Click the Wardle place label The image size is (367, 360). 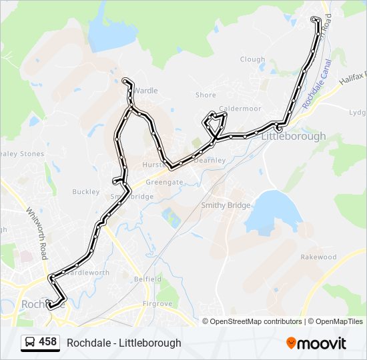(146, 91)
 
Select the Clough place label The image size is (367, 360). (252, 59)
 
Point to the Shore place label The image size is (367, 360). (206, 95)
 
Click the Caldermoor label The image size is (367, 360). (238, 108)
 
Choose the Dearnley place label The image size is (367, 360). (210, 160)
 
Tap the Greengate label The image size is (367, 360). (164, 181)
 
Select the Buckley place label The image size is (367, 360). (85, 192)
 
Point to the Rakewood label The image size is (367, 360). (318, 257)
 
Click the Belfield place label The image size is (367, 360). (147, 279)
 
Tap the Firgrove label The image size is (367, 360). (157, 304)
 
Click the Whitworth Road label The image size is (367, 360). (37, 227)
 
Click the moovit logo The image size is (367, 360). (316, 343)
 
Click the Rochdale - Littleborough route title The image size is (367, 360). (124, 343)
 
